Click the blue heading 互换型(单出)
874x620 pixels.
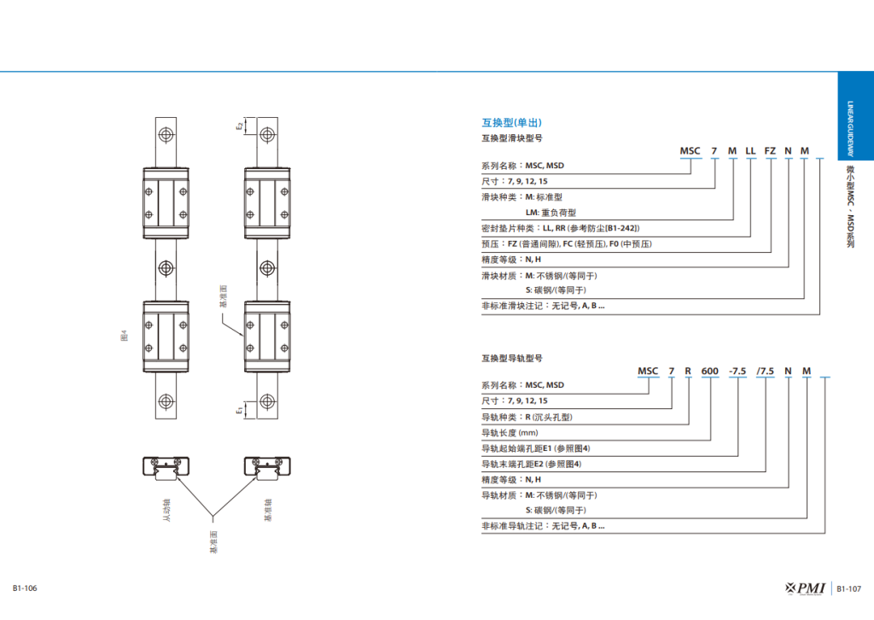click(x=512, y=122)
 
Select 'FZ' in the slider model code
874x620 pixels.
click(x=770, y=150)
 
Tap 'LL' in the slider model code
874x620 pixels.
click(x=750, y=150)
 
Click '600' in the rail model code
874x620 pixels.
click(x=710, y=371)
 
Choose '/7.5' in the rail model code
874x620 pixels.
click(x=766, y=371)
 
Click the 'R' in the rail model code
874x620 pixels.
click(x=689, y=371)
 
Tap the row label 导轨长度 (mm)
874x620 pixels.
click(x=510, y=432)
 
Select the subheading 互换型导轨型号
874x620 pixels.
click(x=512, y=358)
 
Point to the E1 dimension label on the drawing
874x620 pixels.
click(x=241, y=410)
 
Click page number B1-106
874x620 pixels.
click(x=25, y=588)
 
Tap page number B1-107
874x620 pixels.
click(x=848, y=588)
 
